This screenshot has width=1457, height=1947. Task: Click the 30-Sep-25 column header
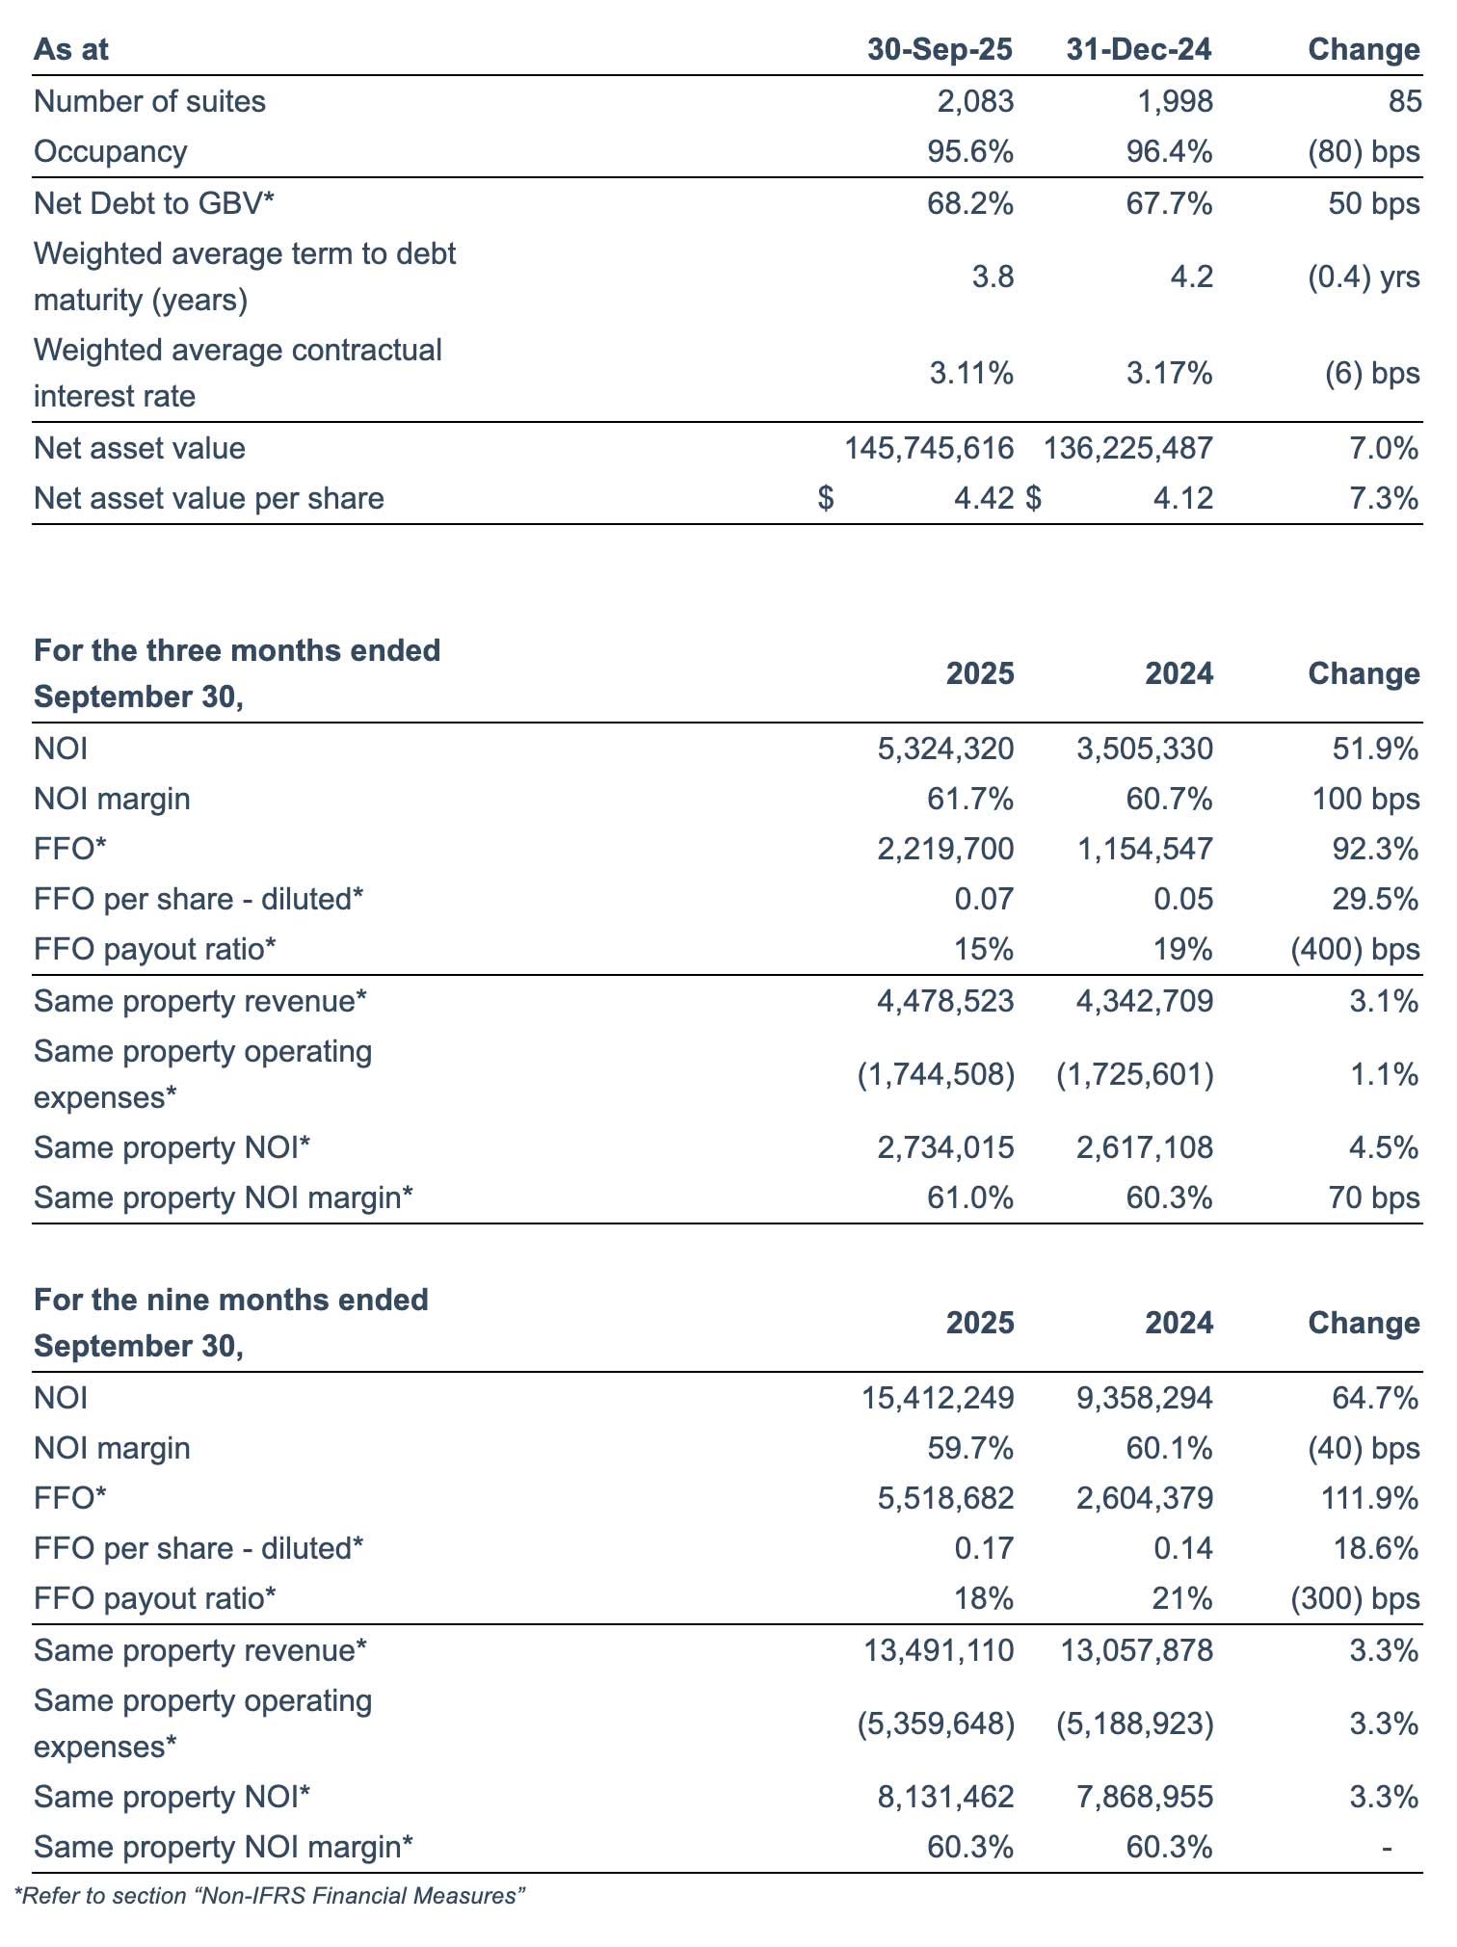[x=940, y=50]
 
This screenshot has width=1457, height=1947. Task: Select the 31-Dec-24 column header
[x=1139, y=50]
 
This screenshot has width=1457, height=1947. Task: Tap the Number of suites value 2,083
[x=975, y=101]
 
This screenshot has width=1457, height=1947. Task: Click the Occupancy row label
[x=110, y=151]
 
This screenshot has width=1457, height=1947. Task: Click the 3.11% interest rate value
[x=971, y=373]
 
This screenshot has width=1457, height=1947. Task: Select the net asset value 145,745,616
[x=929, y=448]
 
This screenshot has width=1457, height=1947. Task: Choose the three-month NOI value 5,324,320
[x=945, y=749]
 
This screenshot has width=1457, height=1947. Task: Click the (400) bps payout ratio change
[x=1354, y=949]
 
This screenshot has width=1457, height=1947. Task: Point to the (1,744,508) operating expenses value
[x=936, y=1074]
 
